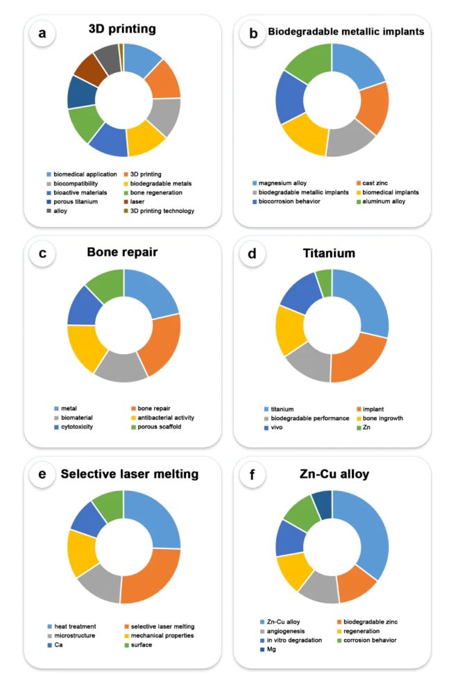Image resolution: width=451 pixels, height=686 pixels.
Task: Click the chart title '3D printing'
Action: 122,30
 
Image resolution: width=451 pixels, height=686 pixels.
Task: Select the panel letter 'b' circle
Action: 253,33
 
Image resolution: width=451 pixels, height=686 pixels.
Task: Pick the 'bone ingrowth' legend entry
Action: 367,418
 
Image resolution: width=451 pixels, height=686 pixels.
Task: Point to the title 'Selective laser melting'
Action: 129,474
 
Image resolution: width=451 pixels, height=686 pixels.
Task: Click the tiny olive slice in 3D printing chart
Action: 121,47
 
